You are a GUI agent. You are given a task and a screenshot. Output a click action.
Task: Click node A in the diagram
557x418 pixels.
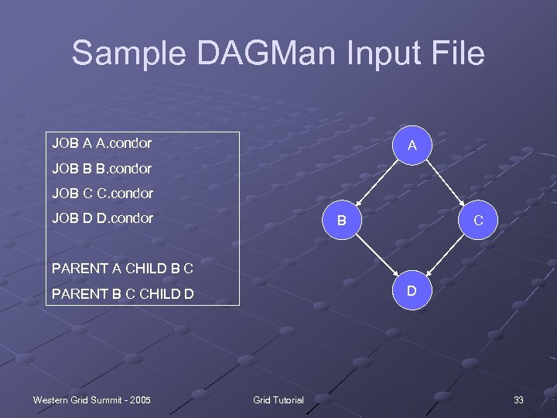coord(412,146)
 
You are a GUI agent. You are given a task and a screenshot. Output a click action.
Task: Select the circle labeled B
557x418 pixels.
coord(340,221)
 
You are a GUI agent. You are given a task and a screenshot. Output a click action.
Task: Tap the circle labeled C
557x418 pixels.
coord(478,221)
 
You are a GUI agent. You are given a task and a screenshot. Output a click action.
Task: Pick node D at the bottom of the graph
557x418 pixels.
coord(412,292)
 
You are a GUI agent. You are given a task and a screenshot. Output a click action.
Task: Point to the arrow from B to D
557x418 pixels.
coord(376,256)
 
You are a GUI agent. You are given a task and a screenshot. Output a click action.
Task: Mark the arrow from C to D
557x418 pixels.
coord(446,256)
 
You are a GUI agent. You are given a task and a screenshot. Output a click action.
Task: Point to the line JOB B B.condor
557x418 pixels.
coord(101,168)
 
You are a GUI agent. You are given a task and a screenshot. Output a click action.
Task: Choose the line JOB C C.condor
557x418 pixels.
coord(102,193)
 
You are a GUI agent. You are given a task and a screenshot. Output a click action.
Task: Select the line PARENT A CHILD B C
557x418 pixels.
coord(121,269)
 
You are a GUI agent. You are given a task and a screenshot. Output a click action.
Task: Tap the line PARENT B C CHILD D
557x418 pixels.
coord(122,293)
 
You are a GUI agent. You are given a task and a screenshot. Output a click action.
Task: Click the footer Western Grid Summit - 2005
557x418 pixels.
coord(91,399)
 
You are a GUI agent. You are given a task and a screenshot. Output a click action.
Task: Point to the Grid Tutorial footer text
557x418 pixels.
coord(278,399)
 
